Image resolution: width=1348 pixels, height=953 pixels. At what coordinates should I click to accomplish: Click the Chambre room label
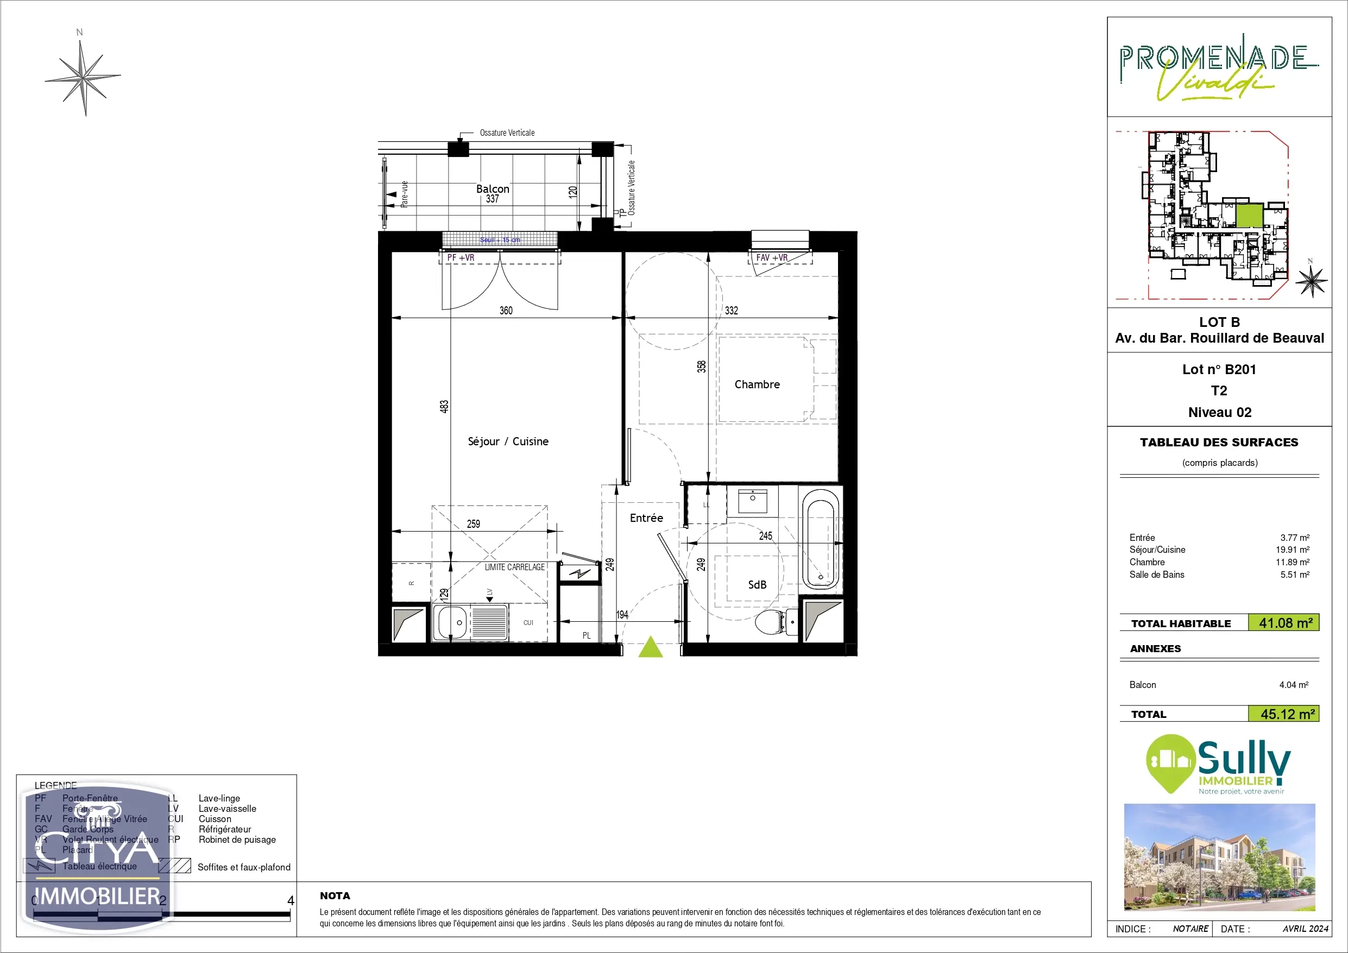[x=757, y=384]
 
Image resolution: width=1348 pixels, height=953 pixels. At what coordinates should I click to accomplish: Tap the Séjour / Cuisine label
[x=508, y=441]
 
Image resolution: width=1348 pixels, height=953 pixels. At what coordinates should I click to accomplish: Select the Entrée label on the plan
[x=646, y=518]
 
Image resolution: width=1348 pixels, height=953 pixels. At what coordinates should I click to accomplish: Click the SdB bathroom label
[x=757, y=585]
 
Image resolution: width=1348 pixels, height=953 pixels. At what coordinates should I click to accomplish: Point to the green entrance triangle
[x=651, y=648]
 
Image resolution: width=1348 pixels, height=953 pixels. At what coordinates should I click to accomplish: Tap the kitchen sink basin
[x=451, y=622]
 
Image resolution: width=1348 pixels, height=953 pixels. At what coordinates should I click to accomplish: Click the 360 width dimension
[x=506, y=311]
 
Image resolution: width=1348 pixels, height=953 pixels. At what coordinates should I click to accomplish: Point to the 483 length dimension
[x=444, y=406]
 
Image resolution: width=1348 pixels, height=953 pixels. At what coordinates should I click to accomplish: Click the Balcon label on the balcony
[x=493, y=189]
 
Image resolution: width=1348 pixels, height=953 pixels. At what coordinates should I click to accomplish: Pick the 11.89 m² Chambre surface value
[x=1292, y=562]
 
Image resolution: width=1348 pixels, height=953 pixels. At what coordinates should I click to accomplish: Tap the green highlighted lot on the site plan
[x=1250, y=216]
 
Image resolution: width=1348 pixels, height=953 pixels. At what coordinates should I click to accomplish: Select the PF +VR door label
[x=461, y=258]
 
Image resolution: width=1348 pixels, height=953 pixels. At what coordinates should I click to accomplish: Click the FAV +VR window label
[x=771, y=258]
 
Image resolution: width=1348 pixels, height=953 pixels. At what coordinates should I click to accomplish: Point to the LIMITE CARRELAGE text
[x=514, y=567]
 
